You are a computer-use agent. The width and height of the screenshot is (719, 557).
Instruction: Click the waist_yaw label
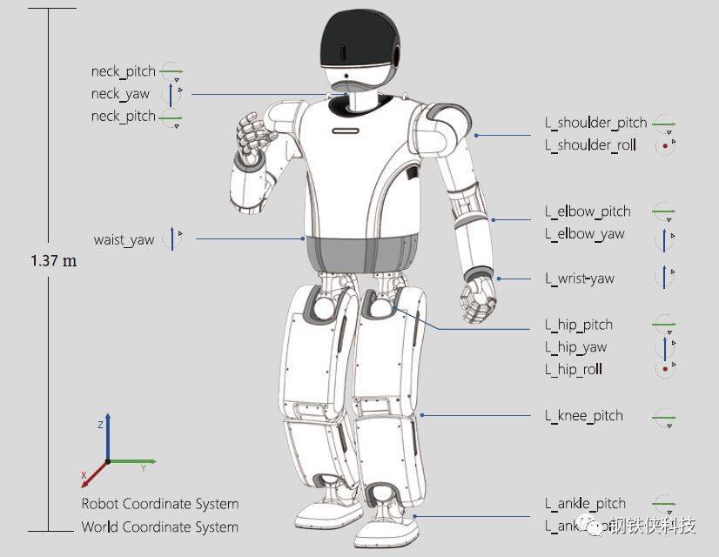click(x=124, y=240)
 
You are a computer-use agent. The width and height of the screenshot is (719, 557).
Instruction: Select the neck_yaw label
click(x=120, y=94)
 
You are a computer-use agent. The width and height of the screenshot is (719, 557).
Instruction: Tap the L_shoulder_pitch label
click(x=595, y=123)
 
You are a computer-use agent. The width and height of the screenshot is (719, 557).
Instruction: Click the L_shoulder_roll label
click(x=590, y=145)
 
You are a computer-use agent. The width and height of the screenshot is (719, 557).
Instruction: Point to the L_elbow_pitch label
click(x=588, y=211)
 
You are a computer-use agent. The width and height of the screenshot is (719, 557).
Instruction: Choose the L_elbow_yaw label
click(x=584, y=234)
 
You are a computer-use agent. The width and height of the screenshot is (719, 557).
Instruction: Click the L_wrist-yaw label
click(x=579, y=278)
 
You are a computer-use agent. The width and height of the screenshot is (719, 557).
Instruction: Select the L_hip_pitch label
click(x=579, y=325)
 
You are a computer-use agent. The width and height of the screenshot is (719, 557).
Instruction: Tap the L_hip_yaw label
click(x=575, y=347)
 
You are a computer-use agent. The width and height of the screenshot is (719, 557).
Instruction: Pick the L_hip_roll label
click(x=574, y=370)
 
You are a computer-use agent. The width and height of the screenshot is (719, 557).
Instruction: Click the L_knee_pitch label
click(x=584, y=416)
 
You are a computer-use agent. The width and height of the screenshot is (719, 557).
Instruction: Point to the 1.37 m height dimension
click(x=53, y=261)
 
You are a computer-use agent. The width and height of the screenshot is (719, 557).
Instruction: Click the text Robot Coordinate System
click(x=159, y=504)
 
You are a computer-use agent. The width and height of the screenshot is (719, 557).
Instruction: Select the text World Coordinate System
click(x=159, y=527)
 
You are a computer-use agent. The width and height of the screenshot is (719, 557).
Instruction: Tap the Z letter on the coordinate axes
click(x=101, y=425)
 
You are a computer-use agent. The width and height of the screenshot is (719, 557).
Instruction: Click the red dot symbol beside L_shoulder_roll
click(x=665, y=146)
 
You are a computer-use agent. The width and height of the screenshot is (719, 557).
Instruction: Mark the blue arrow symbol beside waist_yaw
click(x=172, y=238)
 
